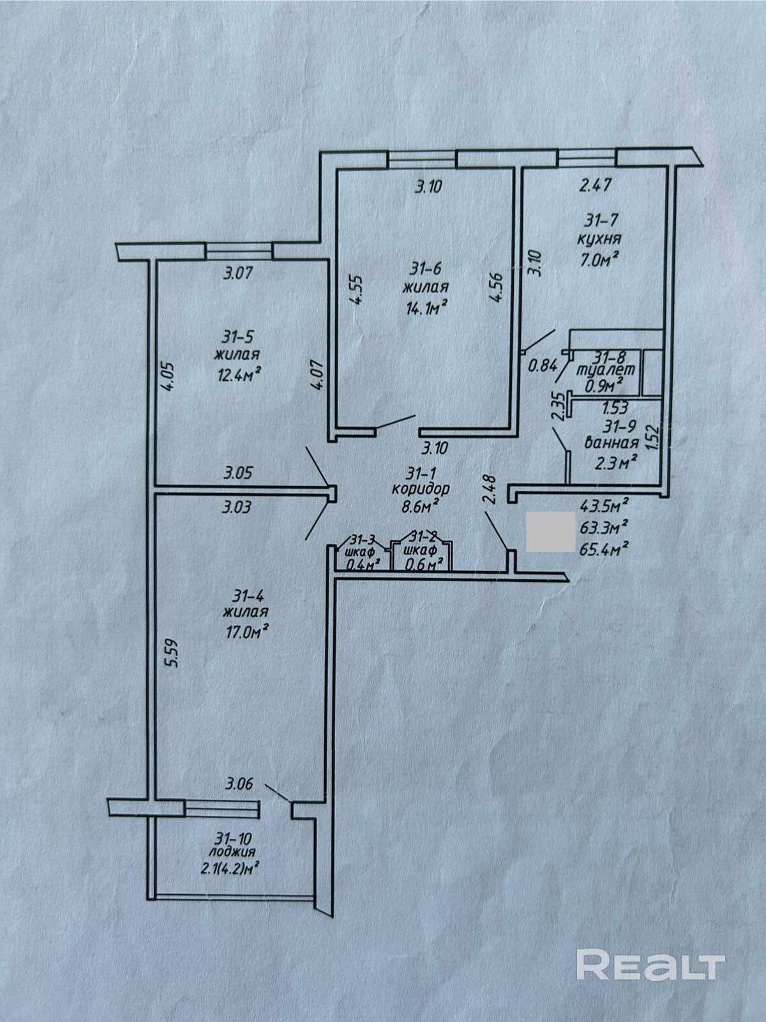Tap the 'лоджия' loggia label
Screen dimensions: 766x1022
(x=232, y=851)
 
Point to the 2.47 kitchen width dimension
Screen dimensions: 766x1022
(x=596, y=186)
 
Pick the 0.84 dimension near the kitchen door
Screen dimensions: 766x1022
(x=543, y=366)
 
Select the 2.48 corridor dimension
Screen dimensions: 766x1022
(x=490, y=489)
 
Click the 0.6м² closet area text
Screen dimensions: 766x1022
(x=421, y=565)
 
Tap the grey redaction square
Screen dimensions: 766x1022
(x=550, y=531)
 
